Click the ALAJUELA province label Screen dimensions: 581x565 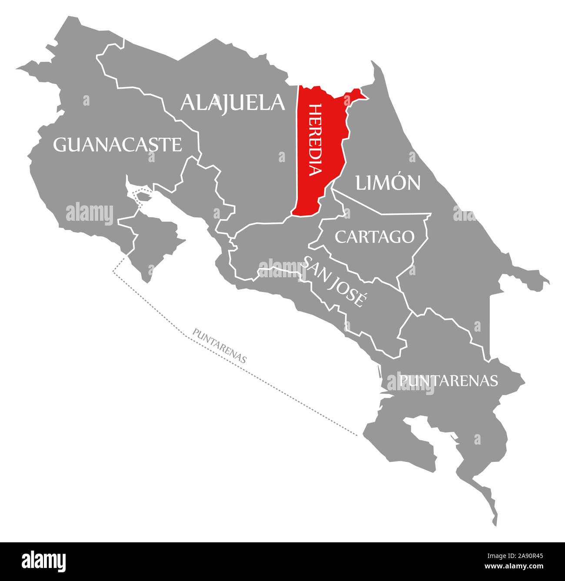tap(233, 103)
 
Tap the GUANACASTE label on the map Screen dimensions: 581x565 tap(117, 145)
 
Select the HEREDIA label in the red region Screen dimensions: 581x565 tap(316, 139)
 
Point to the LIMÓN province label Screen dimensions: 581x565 tap(388, 183)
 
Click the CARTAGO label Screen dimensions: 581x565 tap(374, 237)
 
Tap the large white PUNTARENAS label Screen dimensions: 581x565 tap(448, 381)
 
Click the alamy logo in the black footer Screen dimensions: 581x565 tap(43, 561)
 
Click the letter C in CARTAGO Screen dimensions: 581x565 tap(340, 237)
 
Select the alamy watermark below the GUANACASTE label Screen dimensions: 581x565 tap(90, 213)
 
